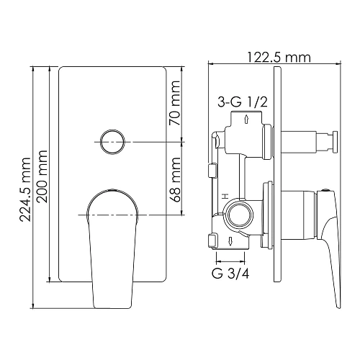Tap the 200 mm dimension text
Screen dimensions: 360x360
click(42, 176)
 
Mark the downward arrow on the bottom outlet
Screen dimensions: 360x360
click(230, 241)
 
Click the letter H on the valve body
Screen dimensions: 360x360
click(225, 195)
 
